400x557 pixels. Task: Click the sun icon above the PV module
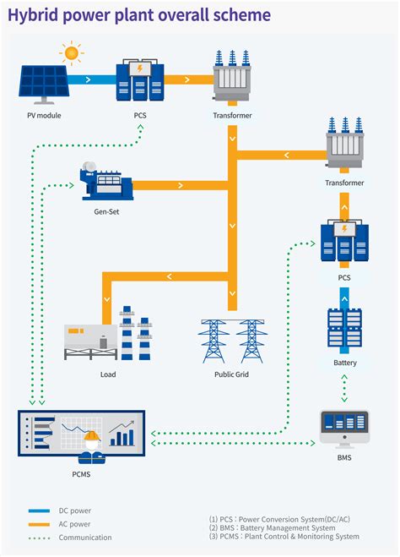[71, 53]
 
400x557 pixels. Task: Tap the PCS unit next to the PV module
[140, 79]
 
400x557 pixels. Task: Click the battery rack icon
[344, 329]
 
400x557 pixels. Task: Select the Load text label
[107, 374]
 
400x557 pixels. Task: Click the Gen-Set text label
[105, 211]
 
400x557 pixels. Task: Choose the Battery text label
[344, 363]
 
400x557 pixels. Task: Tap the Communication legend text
[84, 538]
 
